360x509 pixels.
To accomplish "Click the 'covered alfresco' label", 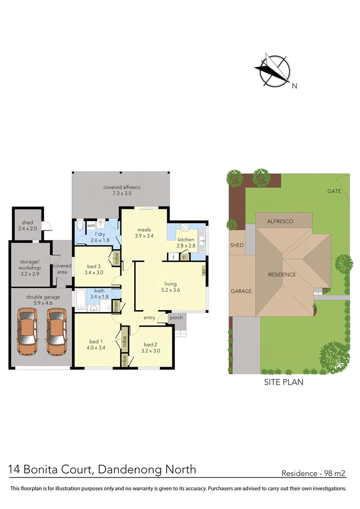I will pos(122,190).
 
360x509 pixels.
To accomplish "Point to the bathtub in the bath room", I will pos(80,299).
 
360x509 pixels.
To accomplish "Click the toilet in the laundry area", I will pos(80,227).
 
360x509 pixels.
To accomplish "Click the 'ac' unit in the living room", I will pos(204,271).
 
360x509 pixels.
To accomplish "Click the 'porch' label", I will pos(176,317).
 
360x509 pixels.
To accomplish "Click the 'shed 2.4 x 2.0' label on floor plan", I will pos(27,226).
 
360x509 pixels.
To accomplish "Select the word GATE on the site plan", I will pos(334,191).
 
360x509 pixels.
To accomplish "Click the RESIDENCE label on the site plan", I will pos(282,275).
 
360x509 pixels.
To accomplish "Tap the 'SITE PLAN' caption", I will pos(283,382).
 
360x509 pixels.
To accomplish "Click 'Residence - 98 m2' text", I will pos(313,473).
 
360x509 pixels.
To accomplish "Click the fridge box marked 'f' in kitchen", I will pos(174,257).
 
